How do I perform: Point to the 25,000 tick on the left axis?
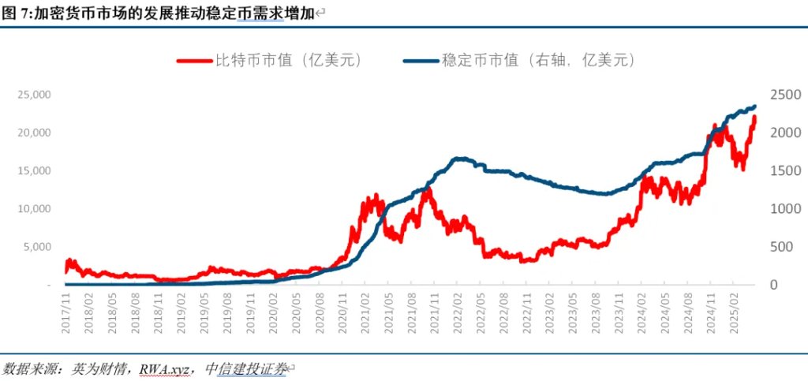point(34,95)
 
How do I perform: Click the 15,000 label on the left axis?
point(34,170)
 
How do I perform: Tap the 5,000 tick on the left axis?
point(37,247)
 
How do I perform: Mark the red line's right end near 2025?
point(754,118)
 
